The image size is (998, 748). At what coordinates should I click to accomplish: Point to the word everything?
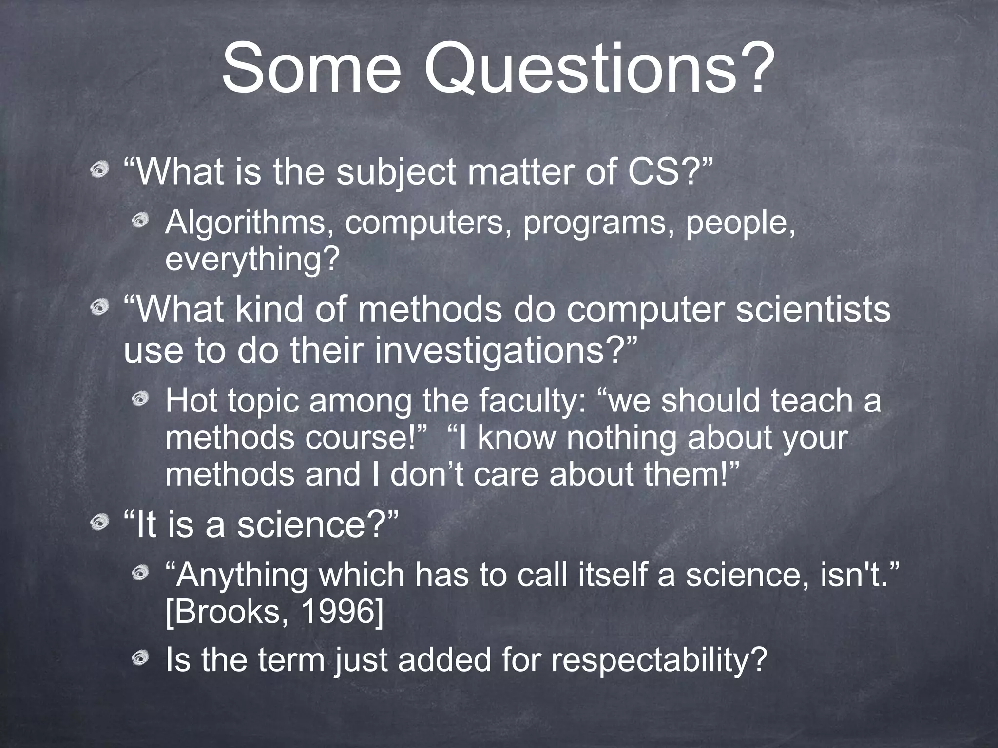(x=252, y=260)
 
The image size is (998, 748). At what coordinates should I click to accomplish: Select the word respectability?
(x=659, y=660)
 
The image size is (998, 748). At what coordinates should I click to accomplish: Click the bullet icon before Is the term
(x=142, y=658)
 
